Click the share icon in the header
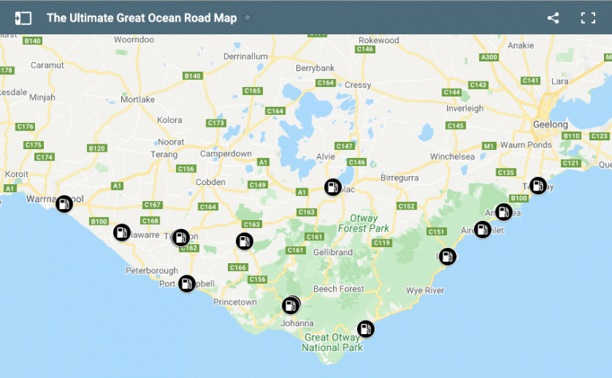pos(553,18)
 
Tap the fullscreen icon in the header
pos(588,18)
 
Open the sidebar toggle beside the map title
pos(23,18)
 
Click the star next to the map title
pos(248,18)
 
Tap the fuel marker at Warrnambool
pos(64,203)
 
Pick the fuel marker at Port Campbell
pos(186,283)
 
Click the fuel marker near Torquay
pos(539,186)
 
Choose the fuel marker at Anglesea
pos(504,211)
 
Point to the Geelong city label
pos(551,125)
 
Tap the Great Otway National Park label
pos(334,343)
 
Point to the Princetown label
pos(235,302)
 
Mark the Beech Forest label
pos(339,289)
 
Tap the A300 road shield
pos(489,57)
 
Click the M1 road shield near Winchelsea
pos(489,146)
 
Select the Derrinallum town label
pos(249,57)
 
